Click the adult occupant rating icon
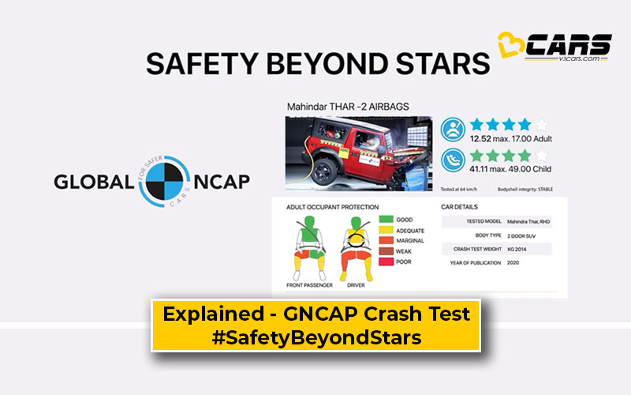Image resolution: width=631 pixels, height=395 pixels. [x=453, y=128]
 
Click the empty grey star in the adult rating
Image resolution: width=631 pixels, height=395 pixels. [x=541, y=124]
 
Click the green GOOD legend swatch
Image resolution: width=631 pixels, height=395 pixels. [x=386, y=219]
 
